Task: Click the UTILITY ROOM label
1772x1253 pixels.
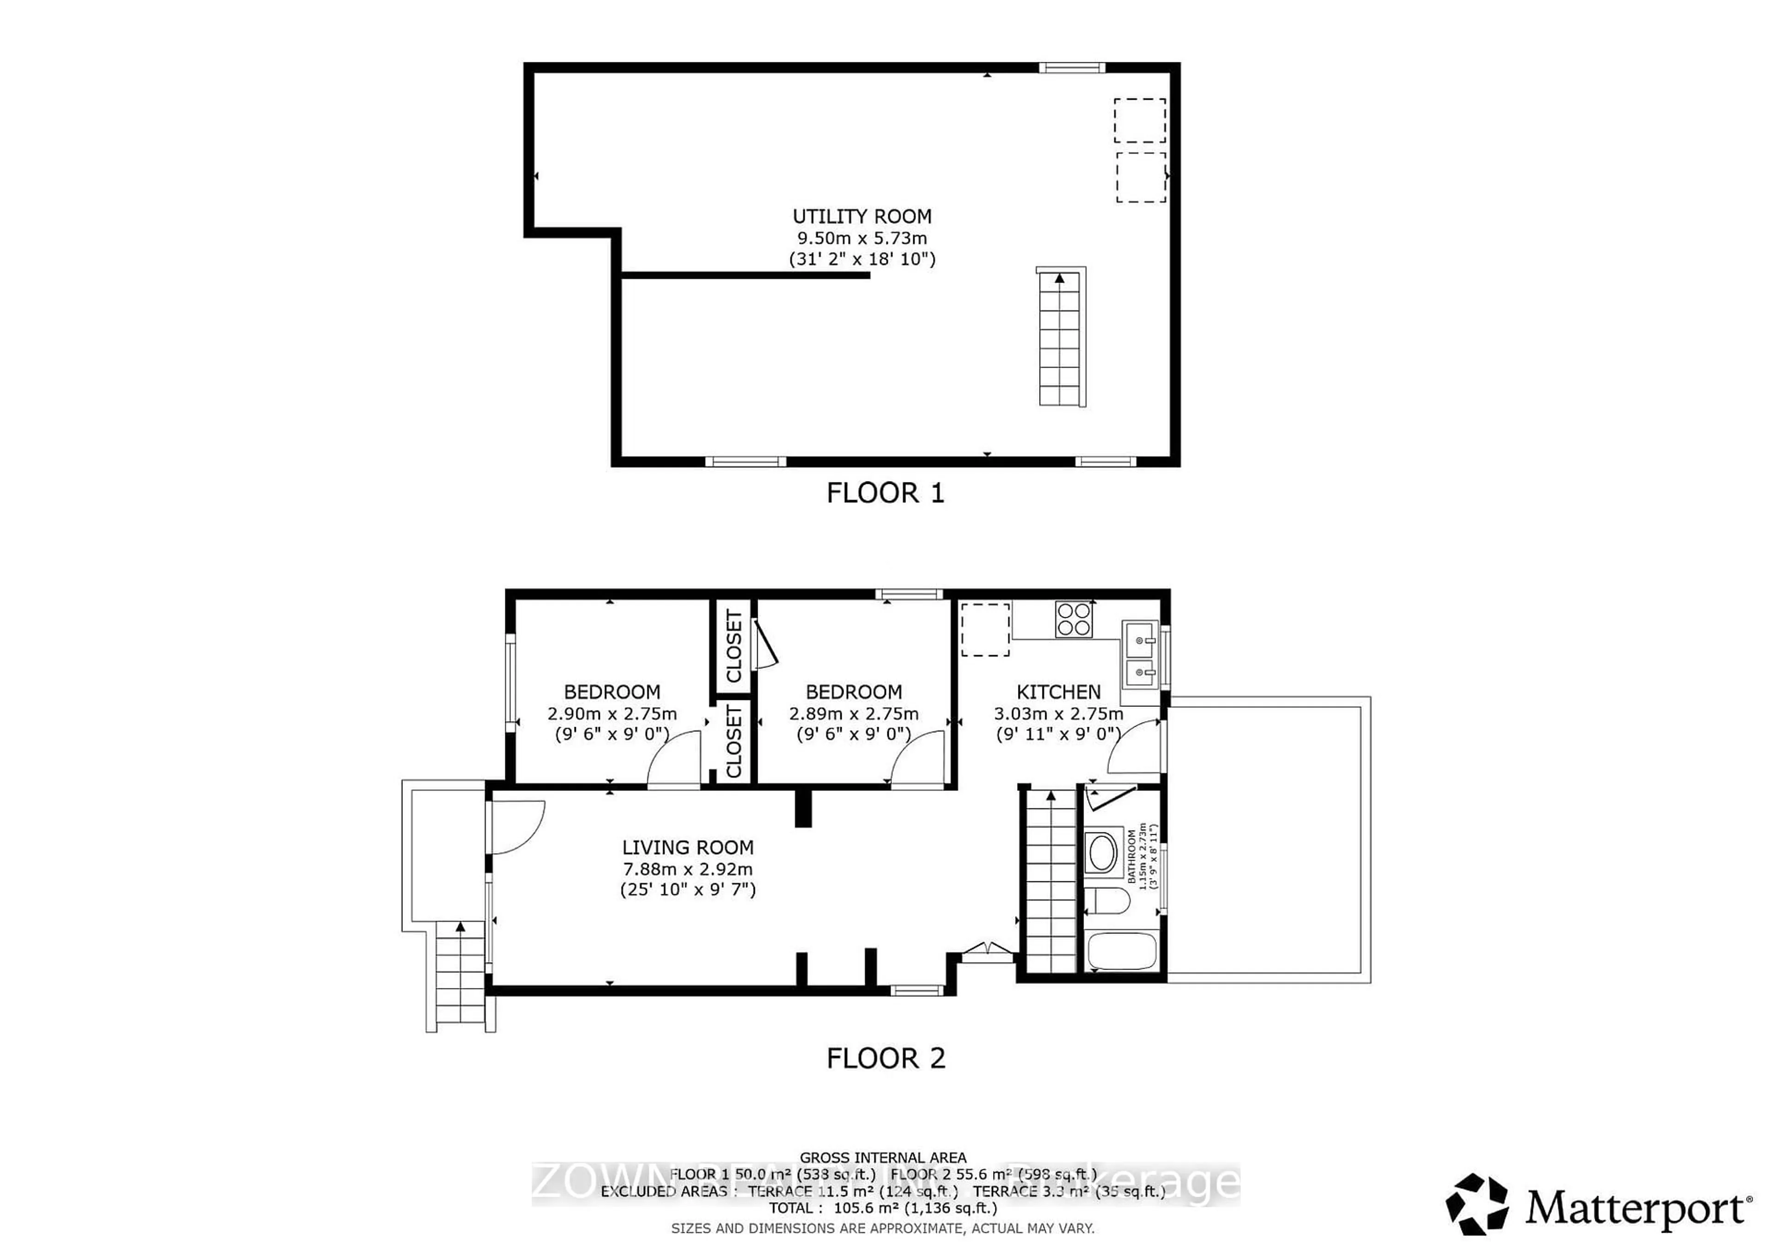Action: pyautogui.click(x=862, y=217)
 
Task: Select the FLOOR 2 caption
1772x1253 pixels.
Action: pyautogui.click(x=885, y=1058)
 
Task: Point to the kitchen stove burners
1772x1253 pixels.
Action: pyautogui.click(x=1073, y=619)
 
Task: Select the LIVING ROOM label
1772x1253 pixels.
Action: pyautogui.click(x=688, y=848)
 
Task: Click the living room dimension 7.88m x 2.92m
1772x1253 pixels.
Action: pyautogui.click(x=688, y=869)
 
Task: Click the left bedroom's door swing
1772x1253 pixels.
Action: pyautogui.click(x=674, y=760)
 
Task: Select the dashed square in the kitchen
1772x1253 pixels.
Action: pyautogui.click(x=985, y=630)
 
